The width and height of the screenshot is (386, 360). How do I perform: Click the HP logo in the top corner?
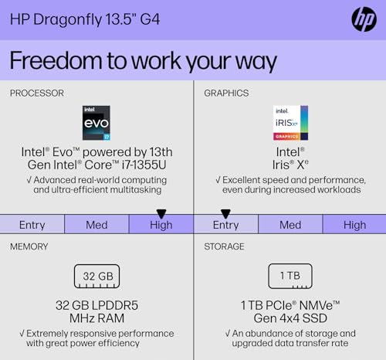coord(363,19)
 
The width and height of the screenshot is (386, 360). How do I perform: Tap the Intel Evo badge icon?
coord(96,123)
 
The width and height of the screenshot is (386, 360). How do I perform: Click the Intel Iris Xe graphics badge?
coord(290,123)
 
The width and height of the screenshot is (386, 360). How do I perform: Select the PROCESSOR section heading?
coord(37,93)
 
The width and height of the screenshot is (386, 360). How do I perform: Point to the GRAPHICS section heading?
coord(226,93)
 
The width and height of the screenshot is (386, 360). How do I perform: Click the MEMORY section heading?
coord(29,246)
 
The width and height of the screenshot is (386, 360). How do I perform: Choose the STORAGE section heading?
coord(224,246)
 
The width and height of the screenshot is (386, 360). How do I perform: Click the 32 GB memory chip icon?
coord(96,276)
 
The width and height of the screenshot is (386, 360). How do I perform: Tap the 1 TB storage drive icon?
coord(290,276)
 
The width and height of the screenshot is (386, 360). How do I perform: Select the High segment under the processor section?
coord(161,225)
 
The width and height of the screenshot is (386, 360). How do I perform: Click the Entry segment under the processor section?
coord(32,225)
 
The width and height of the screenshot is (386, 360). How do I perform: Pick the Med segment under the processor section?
coord(96,225)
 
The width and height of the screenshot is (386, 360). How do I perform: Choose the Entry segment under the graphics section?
coord(225,225)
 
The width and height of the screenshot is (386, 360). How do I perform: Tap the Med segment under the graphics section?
coord(290,225)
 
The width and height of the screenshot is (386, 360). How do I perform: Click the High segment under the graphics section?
coord(354,225)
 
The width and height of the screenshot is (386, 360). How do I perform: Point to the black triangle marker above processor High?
coord(161,213)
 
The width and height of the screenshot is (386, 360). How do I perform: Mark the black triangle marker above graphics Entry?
coord(225,213)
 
